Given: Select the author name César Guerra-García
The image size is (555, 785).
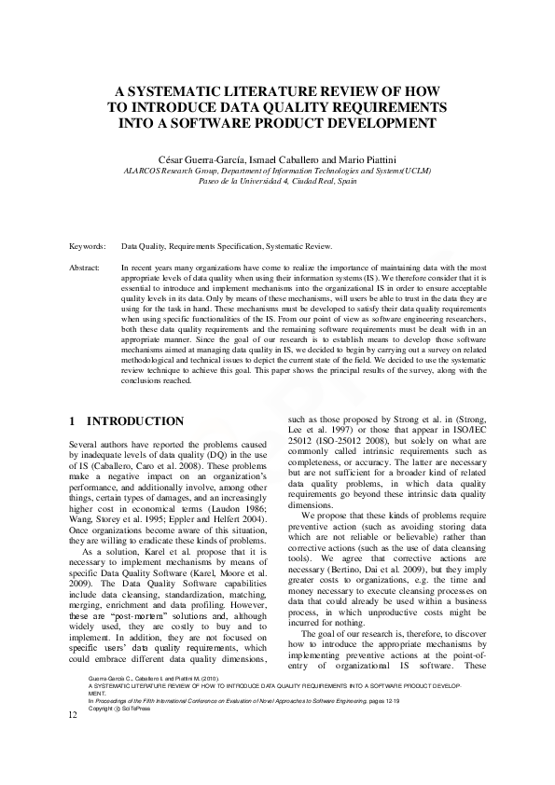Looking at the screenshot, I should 193,160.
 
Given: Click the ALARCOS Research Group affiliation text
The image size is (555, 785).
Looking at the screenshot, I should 176,172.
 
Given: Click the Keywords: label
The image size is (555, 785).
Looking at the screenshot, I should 88,246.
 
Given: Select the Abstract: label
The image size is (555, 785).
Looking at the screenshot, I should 86,268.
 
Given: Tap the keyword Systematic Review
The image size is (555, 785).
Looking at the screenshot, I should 299,246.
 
